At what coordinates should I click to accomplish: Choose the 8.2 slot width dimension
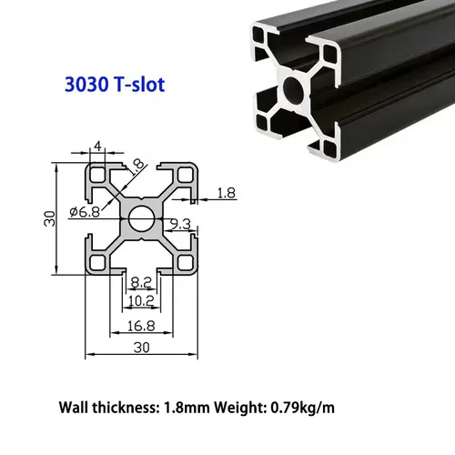coord(142,283)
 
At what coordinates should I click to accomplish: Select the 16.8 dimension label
coord(142,325)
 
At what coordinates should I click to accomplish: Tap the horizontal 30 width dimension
coord(142,346)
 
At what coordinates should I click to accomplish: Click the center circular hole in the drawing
coord(142,218)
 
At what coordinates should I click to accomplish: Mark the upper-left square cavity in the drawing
coord(97,175)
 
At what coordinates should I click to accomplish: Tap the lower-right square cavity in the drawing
coord(186,263)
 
